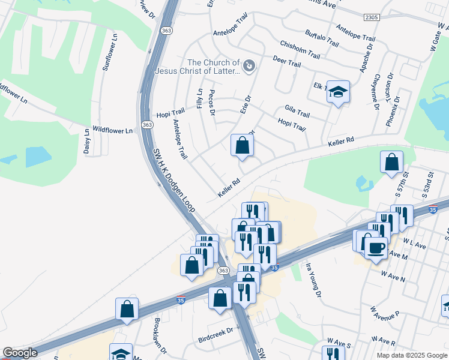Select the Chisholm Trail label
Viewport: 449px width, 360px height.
(300, 49)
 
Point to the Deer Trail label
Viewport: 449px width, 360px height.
(286, 62)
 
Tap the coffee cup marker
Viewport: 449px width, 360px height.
(376, 247)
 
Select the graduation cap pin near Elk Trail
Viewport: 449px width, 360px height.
(339, 92)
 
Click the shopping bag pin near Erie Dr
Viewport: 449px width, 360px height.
(242, 145)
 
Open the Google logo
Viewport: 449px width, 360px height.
(20, 353)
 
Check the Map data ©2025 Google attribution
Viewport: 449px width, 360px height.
(411, 355)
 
